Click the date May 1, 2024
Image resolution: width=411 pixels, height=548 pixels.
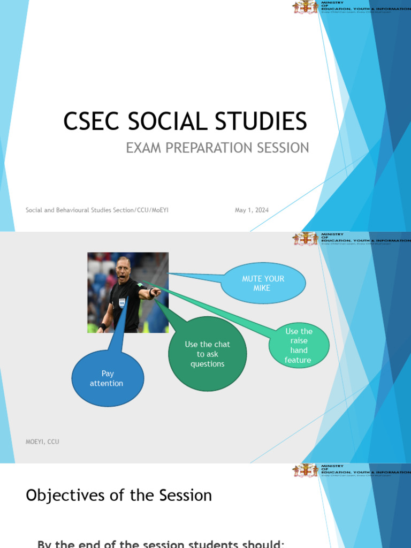pyautogui.click(x=252, y=210)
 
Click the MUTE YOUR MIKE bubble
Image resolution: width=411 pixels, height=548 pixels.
pyautogui.click(x=263, y=283)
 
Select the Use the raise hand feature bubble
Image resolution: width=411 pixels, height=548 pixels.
pyautogui.click(x=299, y=346)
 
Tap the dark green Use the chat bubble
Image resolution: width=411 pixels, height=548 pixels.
pyautogui.click(x=208, y=354)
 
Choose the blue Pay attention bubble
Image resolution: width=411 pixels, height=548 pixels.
pyautogui.click(x=107, y=378)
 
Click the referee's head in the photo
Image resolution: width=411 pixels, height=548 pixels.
pyautogui.click(x=123, y=269)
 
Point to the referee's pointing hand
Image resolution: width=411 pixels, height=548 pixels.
pyautogui.click(x=156, y=292)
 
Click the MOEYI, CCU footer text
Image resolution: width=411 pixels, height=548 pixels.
pyautogui.click(x=42, y=442)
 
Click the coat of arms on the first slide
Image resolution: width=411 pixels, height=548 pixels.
pyautogui.click(x=305, y=7)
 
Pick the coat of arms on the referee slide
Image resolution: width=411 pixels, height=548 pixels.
pyautogui.click(x=305, y=239)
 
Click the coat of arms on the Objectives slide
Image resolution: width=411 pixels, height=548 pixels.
pyautogui.click(x=305, y=470)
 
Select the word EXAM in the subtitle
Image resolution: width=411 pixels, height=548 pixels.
pyautogui.click(x=143, y=148)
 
